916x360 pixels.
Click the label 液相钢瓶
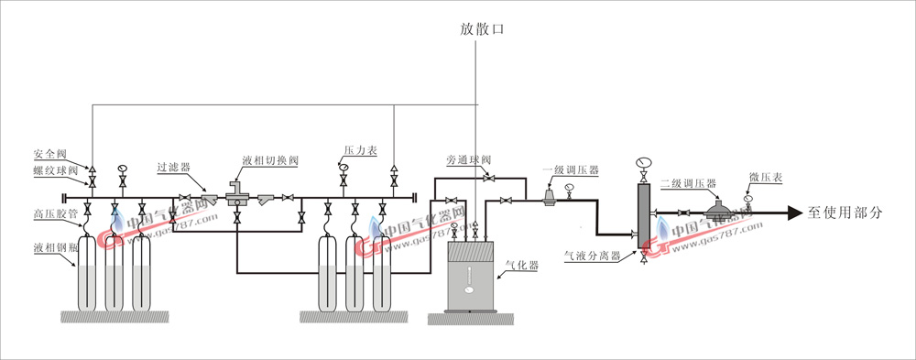(x=54, y=247)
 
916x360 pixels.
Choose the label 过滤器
(x=172, y=168)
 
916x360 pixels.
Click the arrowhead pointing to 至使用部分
(x=795, y=213)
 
